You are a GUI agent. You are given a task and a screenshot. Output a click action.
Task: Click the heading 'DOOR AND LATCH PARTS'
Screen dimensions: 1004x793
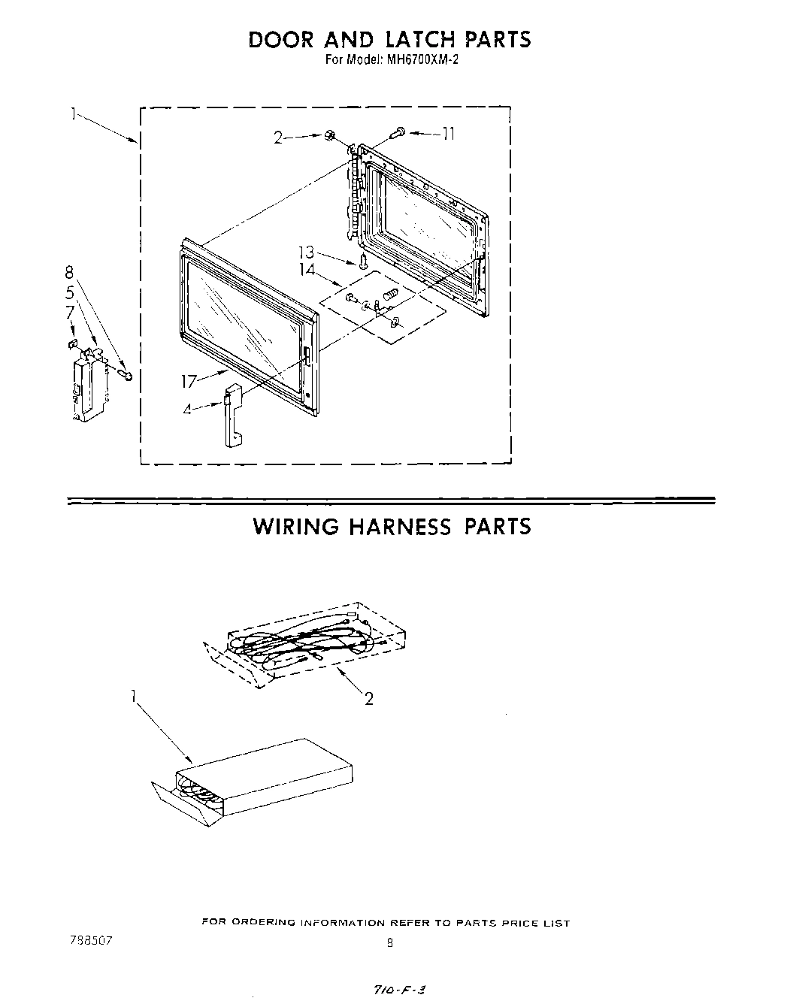click(x=389, y=39)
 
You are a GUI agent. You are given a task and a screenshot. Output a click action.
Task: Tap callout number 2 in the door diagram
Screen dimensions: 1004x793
click(x=279, y=138)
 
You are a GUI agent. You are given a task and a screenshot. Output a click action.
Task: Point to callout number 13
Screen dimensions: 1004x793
click(x=307, y=253)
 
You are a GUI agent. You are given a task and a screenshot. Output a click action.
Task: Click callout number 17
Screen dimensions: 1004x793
click(x=188, y=382)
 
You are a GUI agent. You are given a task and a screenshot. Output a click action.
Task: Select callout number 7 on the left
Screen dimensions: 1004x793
click(x=69, y=310)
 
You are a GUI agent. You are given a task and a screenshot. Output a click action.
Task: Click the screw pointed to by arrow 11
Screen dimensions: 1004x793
click(x=397, y=133)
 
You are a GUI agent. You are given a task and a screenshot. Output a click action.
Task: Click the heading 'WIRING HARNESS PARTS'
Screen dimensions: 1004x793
click(x=392, y=526)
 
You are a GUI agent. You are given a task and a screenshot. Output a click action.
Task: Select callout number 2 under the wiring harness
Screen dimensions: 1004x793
click(x=368, y=699)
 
